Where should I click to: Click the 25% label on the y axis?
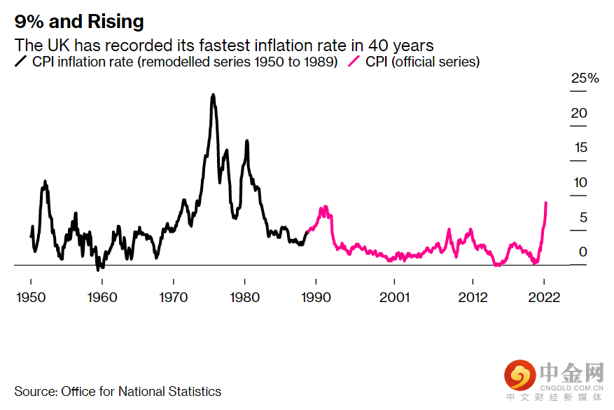585,78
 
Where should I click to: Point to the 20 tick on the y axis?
579,114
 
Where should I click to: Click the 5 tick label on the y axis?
582,217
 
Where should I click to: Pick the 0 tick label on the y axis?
582,252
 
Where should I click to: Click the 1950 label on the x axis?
31,296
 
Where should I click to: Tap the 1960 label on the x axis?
102,296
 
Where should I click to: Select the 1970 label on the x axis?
174,296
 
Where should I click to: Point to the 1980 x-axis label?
245,296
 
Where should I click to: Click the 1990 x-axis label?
316,296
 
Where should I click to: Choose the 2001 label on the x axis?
395,296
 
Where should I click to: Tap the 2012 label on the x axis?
473,296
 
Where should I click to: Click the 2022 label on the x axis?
545,296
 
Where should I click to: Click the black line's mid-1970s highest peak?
213,95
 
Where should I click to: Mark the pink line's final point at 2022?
546,203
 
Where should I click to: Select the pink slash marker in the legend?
354,62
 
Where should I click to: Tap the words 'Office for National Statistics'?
141,391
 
